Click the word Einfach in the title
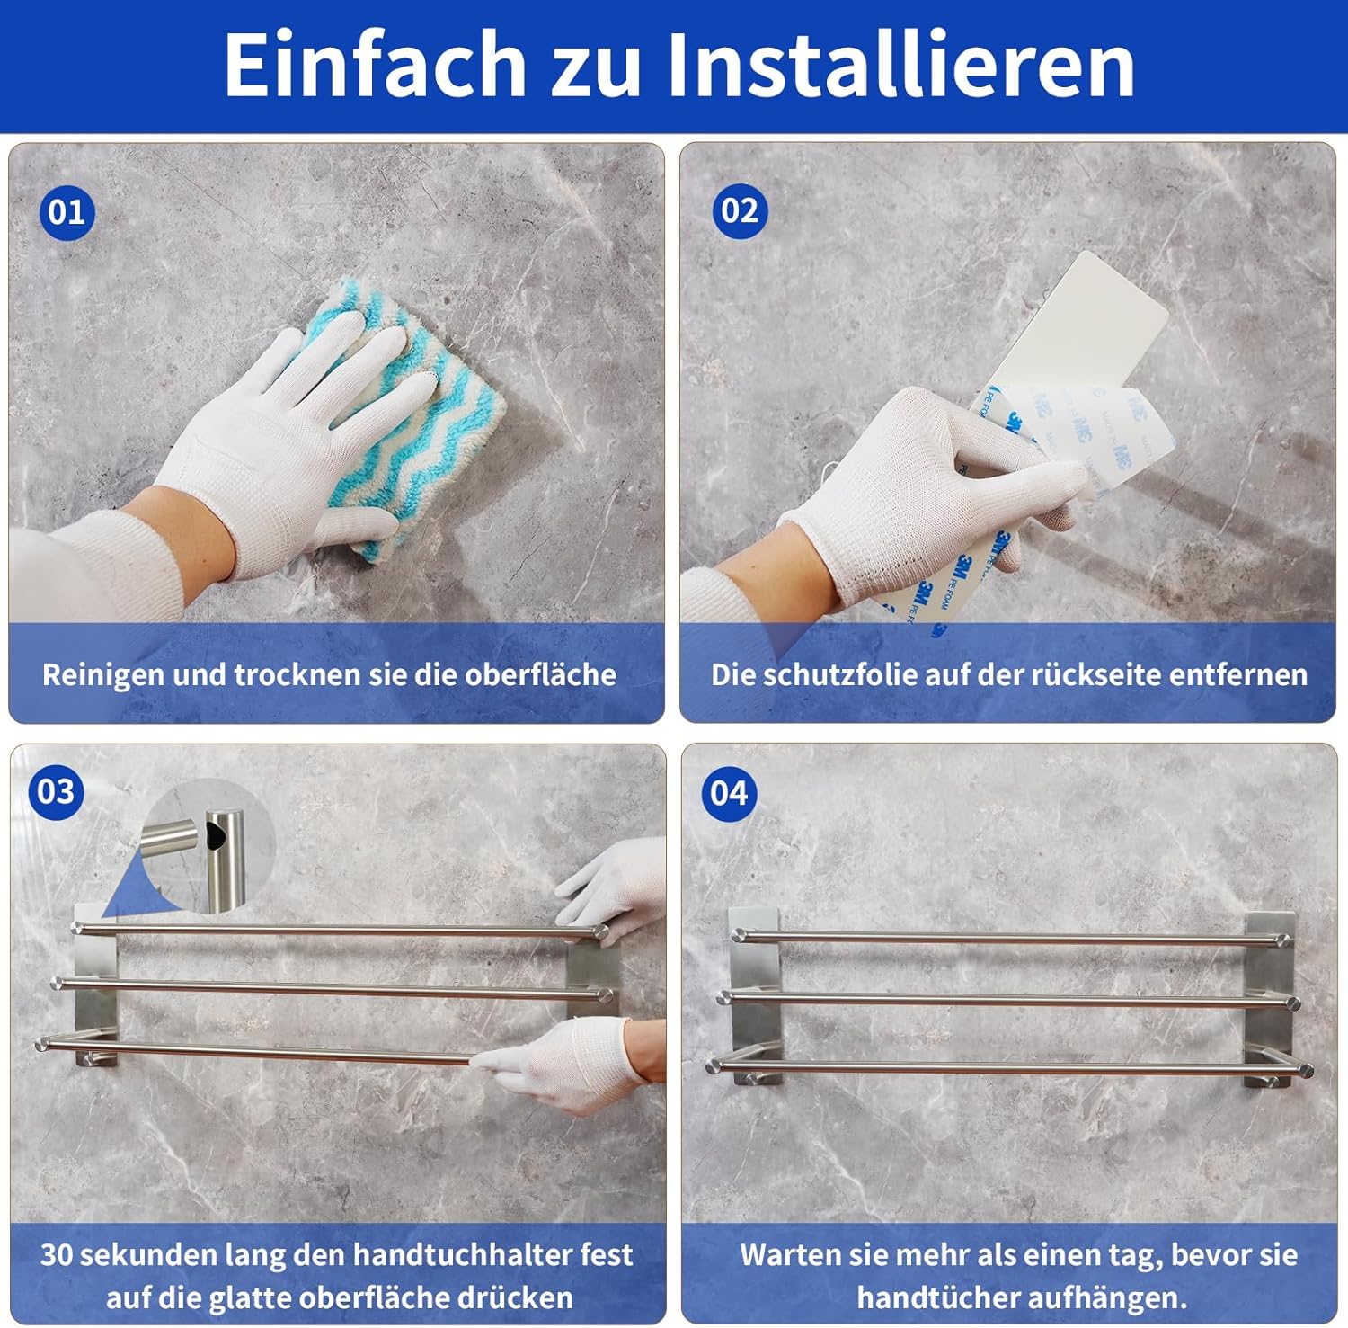coord(375,64)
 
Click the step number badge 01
coord(67,212)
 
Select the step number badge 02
coord(740,210)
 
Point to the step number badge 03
coord(56,791)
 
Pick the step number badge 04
coord(728,793)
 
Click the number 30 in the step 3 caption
coord(56,1254)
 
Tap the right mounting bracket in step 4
coord(1270,998)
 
